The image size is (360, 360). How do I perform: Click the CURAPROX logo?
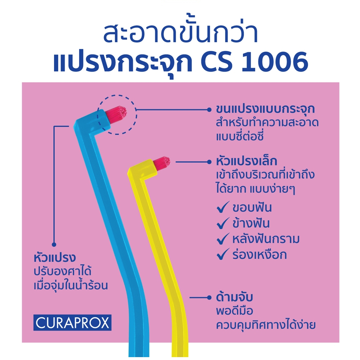click(72, 323)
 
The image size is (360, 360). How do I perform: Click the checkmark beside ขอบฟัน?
click(223, 207)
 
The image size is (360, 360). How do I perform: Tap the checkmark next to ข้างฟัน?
click(223, 223)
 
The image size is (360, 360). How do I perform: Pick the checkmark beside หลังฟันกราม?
click(223, 239)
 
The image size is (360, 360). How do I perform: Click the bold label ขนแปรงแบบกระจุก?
click(265, 109)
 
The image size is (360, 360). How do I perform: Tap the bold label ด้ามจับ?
click(234, 297)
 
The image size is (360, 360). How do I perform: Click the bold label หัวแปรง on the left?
click(55, 258)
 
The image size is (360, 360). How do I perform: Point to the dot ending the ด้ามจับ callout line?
click(209, 298)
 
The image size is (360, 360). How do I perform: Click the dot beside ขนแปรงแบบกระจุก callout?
click(209, 110)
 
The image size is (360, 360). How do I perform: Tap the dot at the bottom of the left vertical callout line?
click(54, 244)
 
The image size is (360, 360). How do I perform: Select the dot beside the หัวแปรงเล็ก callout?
click(209, 162)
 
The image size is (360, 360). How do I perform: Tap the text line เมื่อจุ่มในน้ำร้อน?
click(71, 285)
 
